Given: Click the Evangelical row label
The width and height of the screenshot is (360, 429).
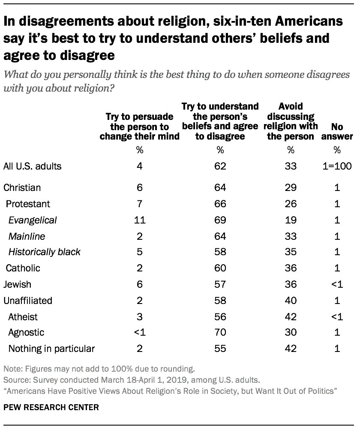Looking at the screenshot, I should point(33,220).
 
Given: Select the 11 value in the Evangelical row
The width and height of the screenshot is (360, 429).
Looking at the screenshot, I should point(140,220).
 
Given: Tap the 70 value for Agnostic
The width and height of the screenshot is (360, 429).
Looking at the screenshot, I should point(220,332).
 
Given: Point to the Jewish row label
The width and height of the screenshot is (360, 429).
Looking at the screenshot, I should point(17,284).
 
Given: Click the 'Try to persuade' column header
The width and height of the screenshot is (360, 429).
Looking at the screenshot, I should point(140,126).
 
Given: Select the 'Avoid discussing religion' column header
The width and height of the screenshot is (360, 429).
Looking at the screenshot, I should point(291,121).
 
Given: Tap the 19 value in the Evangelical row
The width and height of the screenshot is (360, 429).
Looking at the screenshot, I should point(291,220).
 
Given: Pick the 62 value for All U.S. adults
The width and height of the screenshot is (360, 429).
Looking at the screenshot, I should point(220,166).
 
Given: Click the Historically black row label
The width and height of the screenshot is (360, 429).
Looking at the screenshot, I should point(45,252).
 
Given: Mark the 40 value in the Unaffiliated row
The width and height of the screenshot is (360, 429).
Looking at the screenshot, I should point(291,300).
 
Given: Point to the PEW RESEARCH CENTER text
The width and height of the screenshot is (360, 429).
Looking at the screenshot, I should point(51,408).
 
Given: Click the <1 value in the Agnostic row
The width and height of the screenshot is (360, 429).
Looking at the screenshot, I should point(140,332).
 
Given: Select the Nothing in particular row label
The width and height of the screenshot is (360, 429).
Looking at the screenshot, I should point(51,349).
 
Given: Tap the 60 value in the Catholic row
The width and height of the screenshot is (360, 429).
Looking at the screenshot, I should point(220,268).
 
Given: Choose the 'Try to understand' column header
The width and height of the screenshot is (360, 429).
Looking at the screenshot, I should point(220,121).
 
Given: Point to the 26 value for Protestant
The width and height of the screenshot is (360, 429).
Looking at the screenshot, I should point(291,204).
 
